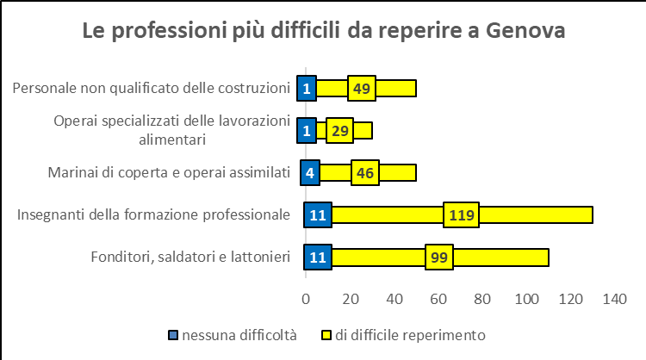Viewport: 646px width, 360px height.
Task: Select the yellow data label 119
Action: (462, 214)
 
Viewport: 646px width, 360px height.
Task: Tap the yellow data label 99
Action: (438, 257)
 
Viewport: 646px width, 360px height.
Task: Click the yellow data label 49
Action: (362, 88)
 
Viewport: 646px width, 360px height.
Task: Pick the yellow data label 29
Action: (339, 130)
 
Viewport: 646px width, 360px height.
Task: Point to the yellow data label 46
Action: (364, 172)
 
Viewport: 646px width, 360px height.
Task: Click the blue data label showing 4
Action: (309, 172)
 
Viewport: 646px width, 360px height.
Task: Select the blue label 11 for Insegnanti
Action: (318, 214)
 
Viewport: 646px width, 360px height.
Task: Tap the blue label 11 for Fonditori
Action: (318, 257)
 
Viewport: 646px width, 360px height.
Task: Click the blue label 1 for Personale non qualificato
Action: (306, 88)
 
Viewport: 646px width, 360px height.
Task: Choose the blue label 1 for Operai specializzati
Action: (306, 130)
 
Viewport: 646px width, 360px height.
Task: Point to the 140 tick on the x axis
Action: (614, 299)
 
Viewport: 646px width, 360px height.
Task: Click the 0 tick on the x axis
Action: (305, 299)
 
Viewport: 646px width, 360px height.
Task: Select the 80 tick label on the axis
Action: (481, 299)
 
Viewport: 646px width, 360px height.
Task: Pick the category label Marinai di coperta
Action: (168, 172)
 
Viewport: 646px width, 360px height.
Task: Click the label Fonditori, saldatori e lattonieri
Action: (189, 257)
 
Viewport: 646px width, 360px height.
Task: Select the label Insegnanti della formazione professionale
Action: (153, 214)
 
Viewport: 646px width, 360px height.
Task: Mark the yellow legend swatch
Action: (326, 334)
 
